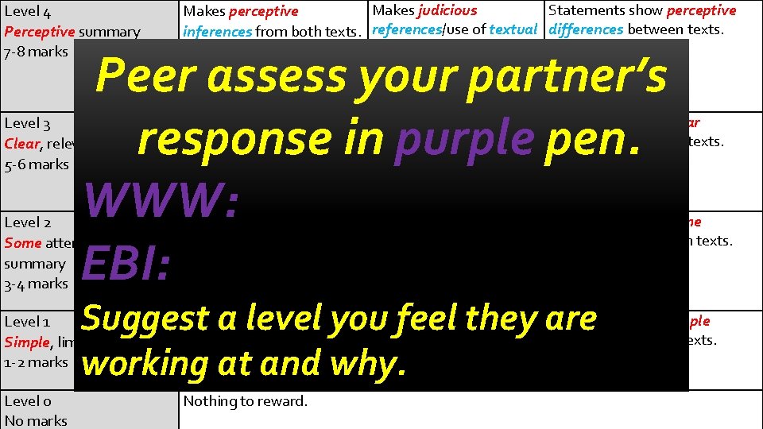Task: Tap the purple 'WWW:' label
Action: (x=161, y=199)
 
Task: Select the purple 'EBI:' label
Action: (x=126, y=265)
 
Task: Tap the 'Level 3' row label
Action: (x=28, y=123)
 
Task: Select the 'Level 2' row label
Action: (x=28, y=222)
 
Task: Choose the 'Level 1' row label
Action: (x=28, y=322)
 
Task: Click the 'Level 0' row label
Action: (x=28, y=401)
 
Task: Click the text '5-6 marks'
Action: (x=37, y=164)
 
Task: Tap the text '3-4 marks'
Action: (x=37, y=284)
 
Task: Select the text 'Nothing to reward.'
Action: (x=245, y=401)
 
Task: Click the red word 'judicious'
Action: (x=447, y=10)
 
